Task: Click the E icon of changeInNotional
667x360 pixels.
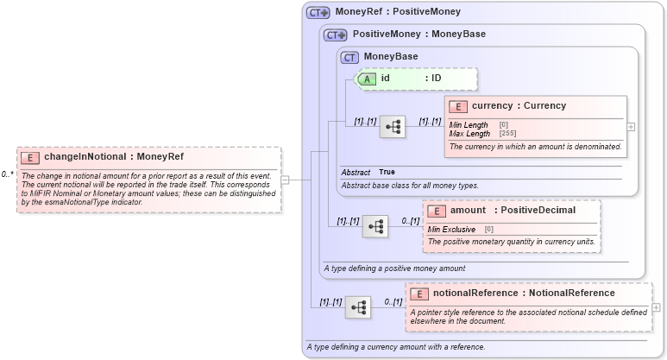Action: (30, 157)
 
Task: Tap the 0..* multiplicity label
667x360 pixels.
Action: (7, 174)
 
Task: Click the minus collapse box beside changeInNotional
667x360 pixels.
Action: (285, 180)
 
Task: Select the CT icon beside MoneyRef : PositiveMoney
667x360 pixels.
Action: (318, 13)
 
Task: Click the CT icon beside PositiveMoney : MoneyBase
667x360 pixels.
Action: (335, 35)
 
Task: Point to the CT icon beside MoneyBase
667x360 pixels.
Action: (349, 57)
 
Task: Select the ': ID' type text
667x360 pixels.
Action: (433, 79)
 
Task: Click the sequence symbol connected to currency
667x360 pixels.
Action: (393, 126)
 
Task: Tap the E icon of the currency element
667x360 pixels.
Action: (459, 106)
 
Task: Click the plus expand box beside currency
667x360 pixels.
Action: (631, 126)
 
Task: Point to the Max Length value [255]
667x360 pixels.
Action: (508, 134)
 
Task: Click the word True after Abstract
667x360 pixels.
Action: (387, 173)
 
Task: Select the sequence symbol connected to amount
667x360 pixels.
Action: (376, 226)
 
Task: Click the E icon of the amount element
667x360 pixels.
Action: (437, 210)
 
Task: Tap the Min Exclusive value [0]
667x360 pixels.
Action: (488, 229)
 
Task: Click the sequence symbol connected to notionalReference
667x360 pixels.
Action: (359, 306)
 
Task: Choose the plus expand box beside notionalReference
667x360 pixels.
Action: (657, 307)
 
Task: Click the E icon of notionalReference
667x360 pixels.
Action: (420, 294)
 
